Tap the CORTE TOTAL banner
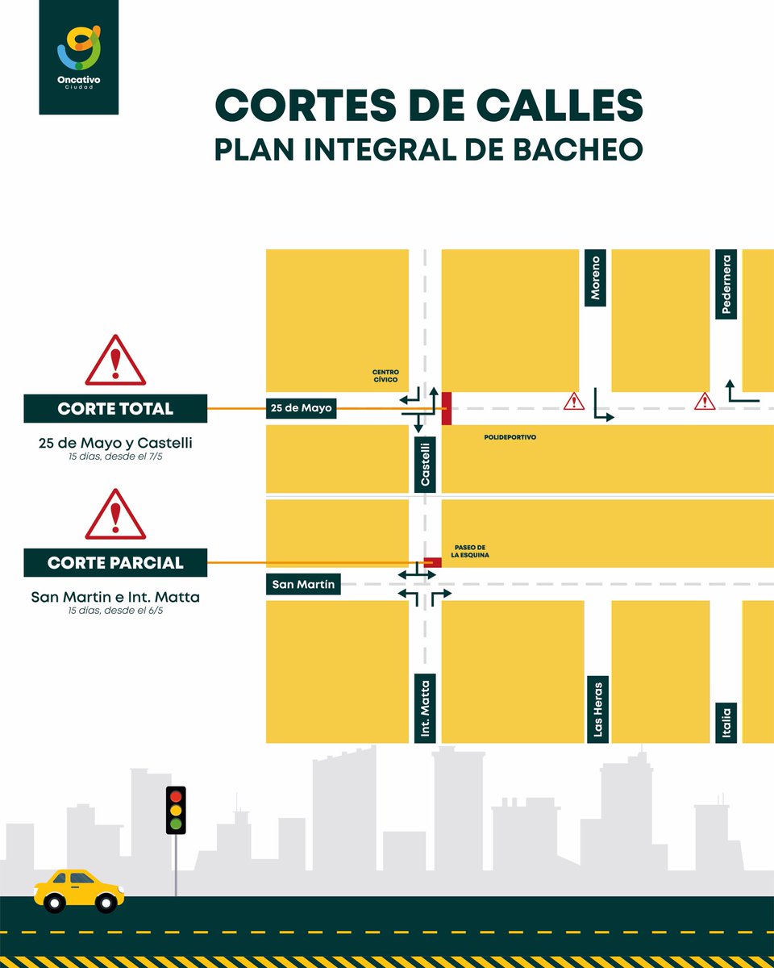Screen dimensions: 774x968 115,409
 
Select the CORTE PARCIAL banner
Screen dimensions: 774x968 115,563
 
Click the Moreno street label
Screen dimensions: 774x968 595,278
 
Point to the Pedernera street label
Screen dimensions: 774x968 726,284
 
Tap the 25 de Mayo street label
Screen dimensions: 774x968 302,408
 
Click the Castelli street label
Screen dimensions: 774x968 425,463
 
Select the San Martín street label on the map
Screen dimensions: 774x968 303,584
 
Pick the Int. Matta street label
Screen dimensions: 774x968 425,707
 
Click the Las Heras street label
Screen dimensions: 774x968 597,707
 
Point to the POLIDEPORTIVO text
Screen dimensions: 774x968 510,437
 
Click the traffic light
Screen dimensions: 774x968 176,810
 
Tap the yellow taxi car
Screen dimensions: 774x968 79,890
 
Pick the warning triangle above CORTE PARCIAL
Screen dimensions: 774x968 115,515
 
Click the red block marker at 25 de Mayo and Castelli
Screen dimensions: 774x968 446,408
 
